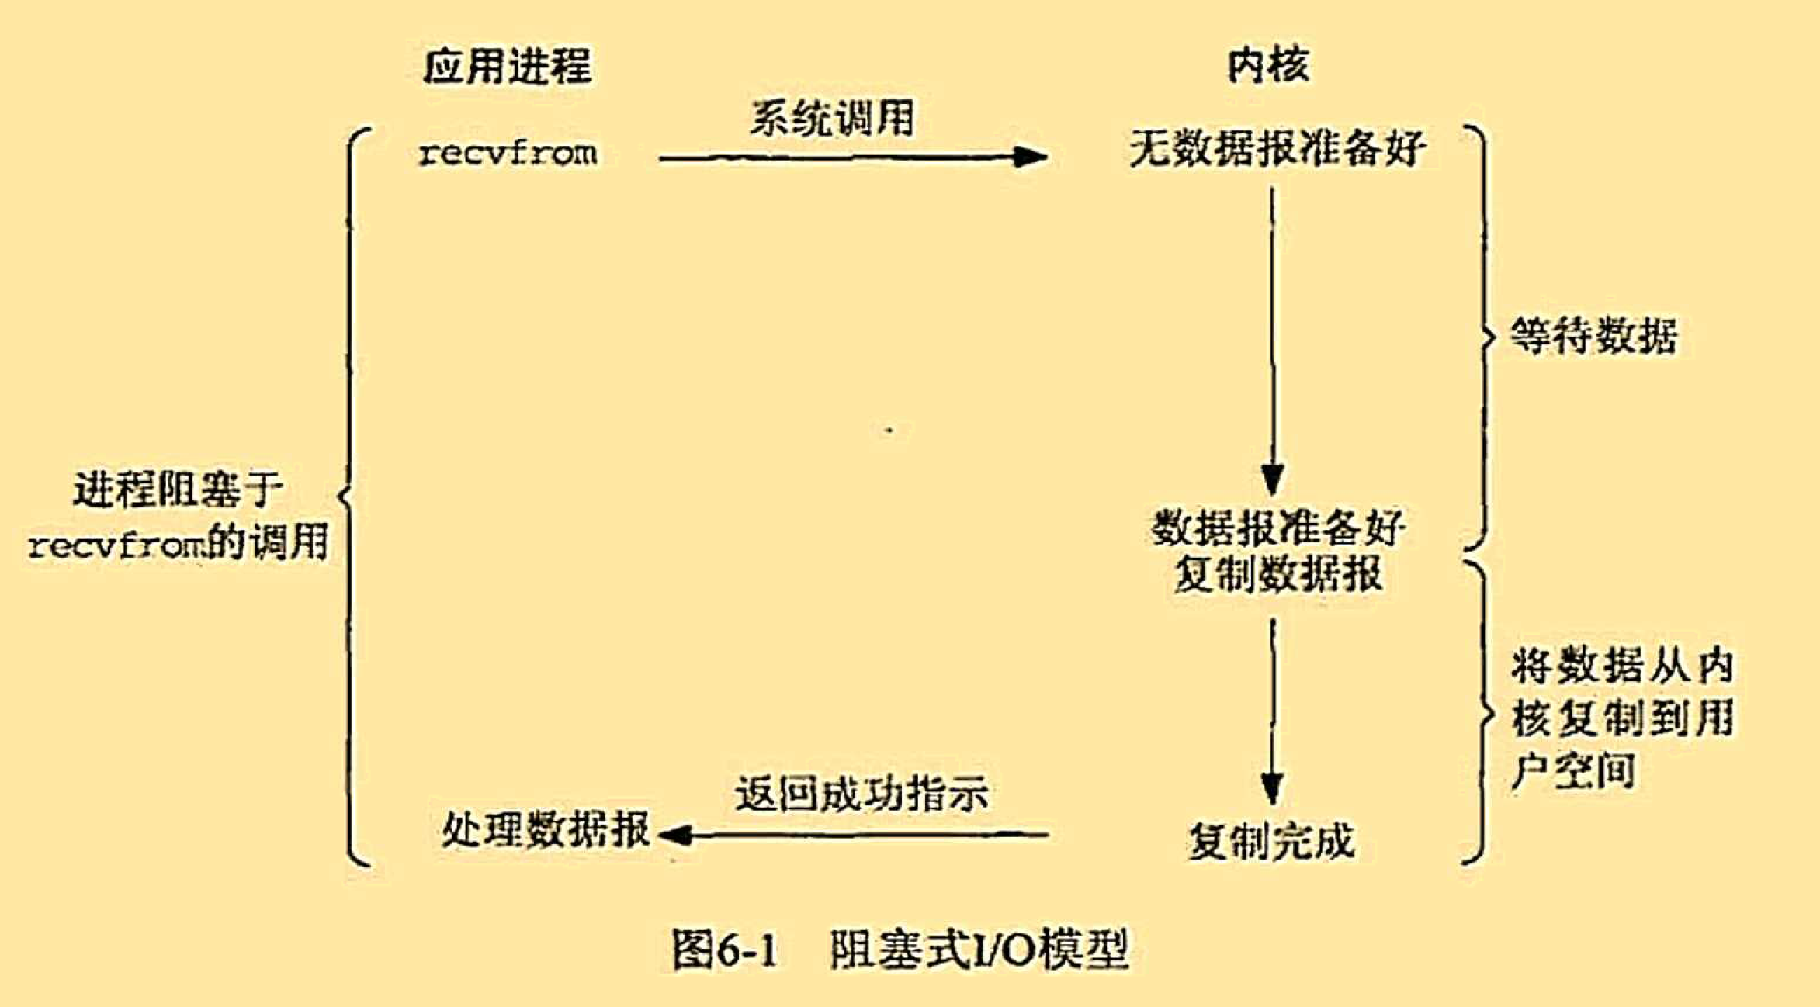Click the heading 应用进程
point(508,65)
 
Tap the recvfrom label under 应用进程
point(508,153)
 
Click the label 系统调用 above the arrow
point(831,119)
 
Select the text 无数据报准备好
point(1277,148)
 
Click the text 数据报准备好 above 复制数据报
point(1277,528)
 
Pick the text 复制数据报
point(1277,575)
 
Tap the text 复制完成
point(1271,841)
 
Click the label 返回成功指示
point(861,793)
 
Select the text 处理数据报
point(546,829)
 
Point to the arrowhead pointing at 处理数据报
point(675,835)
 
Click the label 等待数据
point(1593,336)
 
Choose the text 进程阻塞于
point(178,490)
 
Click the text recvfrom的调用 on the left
point(178,542)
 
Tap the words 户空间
point(1573,771)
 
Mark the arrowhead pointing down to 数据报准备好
point(1271,479)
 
